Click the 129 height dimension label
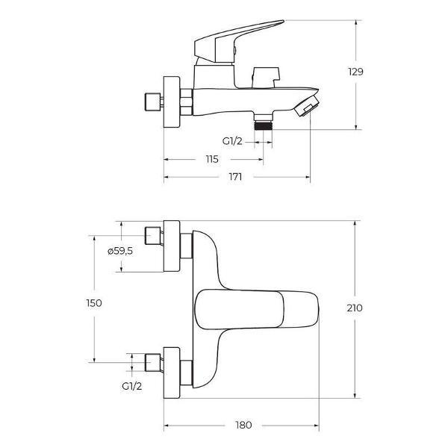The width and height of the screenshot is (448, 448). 355,72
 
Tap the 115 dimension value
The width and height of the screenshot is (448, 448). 212,159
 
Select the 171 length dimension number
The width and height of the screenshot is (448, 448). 235,177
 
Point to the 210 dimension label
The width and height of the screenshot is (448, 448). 355,308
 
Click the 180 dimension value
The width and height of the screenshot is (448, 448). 243,425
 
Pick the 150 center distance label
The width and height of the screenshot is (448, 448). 94,303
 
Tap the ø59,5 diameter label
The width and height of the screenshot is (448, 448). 120,251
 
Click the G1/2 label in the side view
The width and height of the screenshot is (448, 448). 232,141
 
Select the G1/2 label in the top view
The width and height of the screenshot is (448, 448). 131,386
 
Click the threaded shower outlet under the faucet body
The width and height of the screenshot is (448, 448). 263,125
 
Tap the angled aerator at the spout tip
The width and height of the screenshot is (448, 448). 306,106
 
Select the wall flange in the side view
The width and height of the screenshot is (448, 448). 172,102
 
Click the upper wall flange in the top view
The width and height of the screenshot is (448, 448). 172,246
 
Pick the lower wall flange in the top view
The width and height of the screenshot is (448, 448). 172,373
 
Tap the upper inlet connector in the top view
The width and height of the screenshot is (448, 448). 153,236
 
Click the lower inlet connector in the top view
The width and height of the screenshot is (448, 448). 153,363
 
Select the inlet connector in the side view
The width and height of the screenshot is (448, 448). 153,102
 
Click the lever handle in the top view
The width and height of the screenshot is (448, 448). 256,309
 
